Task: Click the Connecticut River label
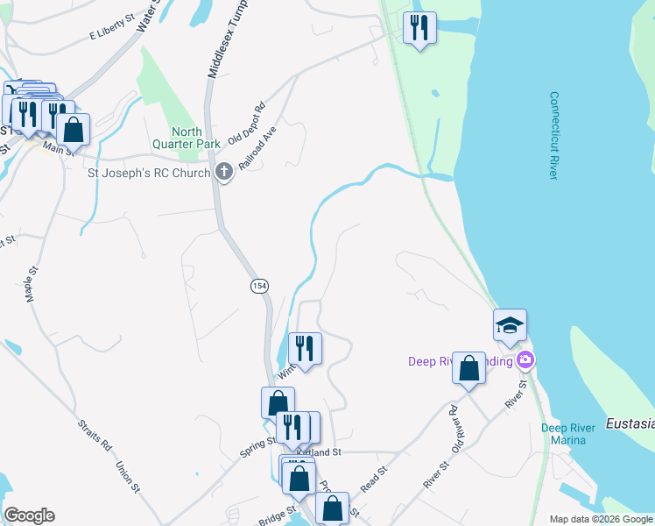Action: click(x=553, y=136)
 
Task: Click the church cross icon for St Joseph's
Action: click(x=224, y=172)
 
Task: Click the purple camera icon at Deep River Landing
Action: click(x=525, y=359)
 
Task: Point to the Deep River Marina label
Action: click(x=568, y=434)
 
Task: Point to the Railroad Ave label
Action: click(x=258, y=147)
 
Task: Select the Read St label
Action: click(x=374, y=477)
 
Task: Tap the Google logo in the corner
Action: click(x=29, y=515)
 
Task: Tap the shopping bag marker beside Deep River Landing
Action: click(x=468, y=368)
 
